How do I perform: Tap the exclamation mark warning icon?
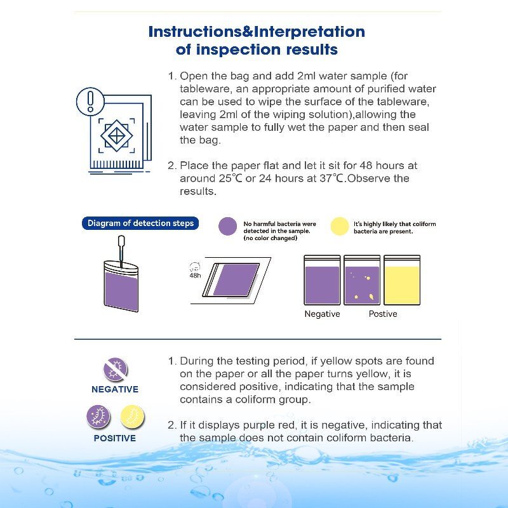point(90,102)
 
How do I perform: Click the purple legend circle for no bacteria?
point(227,227)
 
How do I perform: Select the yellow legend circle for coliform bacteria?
point(340,227)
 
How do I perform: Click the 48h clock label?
point(195,271)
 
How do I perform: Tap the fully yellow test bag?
point(401,281)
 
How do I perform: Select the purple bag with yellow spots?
point(362,281)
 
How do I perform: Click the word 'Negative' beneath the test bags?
point(322,314)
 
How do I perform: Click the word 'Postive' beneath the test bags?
point(383,314)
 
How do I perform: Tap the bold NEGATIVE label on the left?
point(115,389)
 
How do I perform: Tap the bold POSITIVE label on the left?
point(115,438)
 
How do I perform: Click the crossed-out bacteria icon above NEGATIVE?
point(116,369)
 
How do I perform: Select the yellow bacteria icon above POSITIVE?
point(133,417)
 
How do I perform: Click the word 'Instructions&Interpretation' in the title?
point(257,32)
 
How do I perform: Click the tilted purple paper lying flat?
point(236,279)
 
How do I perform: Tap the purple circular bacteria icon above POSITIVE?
point(98,417)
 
